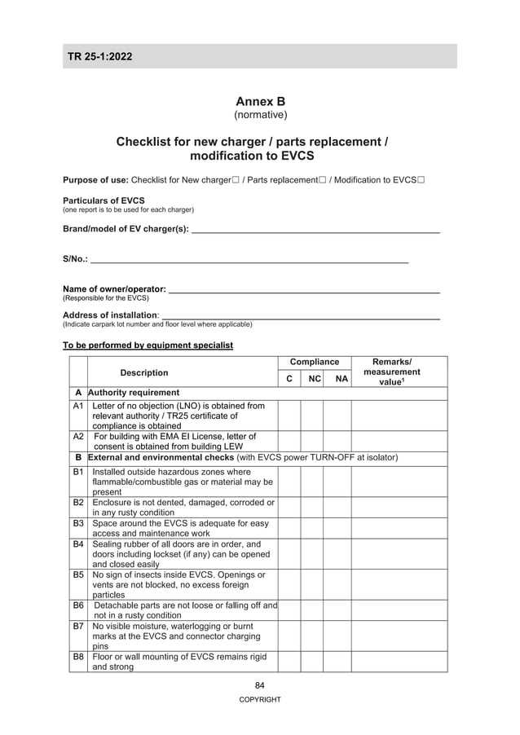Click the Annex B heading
pos(260,102)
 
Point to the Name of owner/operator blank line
pos(303,290)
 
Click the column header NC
pos(314,379)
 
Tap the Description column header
pos(144,373)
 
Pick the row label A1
pos(79,405)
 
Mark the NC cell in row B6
pos(312,610)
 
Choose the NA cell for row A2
pos(337,442)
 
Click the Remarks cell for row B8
pos(399,662)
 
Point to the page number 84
pos(260,685)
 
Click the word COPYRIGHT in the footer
pos(260,700)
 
